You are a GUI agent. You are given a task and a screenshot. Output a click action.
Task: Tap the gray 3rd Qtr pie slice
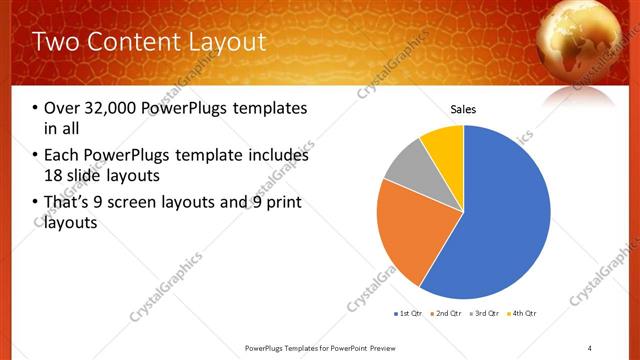[405, 168]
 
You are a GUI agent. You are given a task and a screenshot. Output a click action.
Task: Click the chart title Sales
[463, 109]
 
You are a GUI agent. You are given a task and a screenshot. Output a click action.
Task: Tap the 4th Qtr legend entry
[524, 314]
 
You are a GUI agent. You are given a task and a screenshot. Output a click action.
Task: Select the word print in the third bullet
[279, 203]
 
